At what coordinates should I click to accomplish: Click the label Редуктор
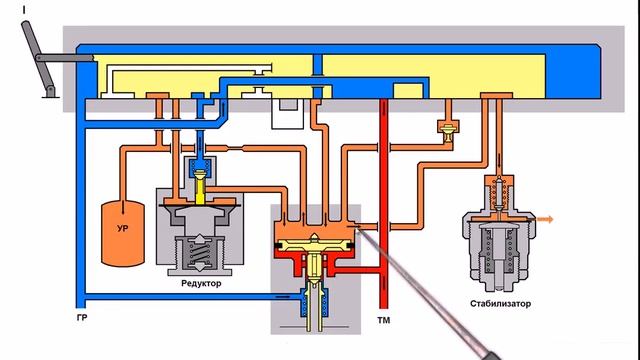point(201,283)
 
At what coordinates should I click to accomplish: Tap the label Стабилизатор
point(500,304)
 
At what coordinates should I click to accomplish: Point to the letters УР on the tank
point(122,229)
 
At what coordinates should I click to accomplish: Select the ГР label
point(82,317)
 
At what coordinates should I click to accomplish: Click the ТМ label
point(384,320)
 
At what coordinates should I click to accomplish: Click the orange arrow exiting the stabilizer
point(544,220)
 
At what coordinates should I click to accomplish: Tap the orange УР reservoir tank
point(122,233)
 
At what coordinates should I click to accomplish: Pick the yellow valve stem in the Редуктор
point(200,187)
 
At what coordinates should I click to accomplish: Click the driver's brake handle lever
point(38,58)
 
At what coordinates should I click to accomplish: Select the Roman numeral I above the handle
point(24,10)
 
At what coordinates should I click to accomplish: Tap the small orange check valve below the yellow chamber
point(448,130)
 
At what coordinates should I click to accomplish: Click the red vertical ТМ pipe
point(383,203)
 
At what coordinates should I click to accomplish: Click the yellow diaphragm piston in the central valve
point(315,244)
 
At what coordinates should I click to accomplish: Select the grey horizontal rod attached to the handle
point(64,58)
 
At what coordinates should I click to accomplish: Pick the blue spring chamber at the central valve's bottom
point(314,302)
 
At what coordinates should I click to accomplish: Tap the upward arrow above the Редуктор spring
point(199,239)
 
